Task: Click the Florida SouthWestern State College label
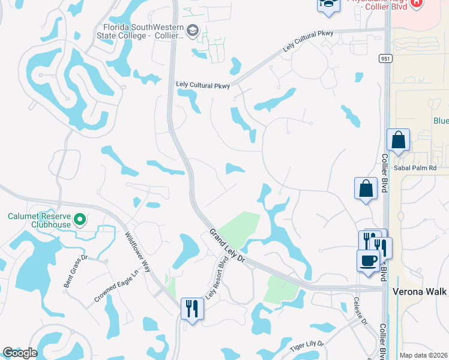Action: (143, 31)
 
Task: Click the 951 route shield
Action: (385, 58)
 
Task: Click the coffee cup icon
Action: (368, 261)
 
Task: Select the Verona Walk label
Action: (420, 291)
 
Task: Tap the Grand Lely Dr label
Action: (228, 245)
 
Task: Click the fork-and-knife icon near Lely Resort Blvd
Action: (192, 308)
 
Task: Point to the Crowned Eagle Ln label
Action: (116, 286)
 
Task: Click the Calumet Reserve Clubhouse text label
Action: (38, 220)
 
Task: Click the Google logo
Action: (20, 353)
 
